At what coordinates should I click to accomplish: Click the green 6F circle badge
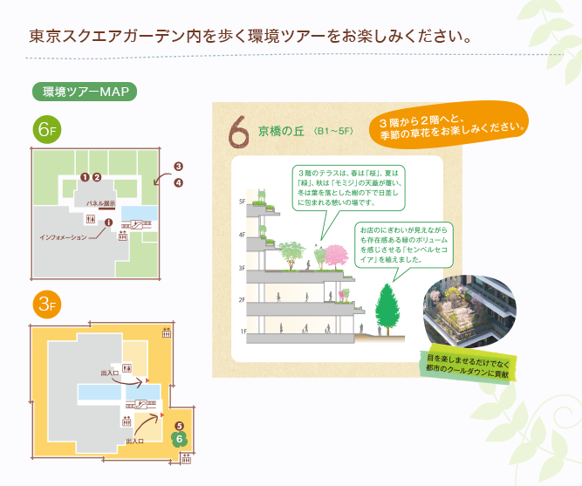pyautogui.click(x=47, y=130)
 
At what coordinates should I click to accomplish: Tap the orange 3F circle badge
pyautogui.click(x=47, y=305)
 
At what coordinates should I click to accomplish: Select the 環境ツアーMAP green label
pyautogui.click(x=85, y=92)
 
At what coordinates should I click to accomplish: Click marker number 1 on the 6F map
pyautogui.click(x=85, y=177)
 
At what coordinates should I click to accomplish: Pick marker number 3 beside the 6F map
pyautogui.click(x=179, y=167)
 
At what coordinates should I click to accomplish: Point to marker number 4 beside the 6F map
pyautogui.click(x=179, y=182)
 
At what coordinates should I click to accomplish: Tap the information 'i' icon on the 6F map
pyautogui.click(x=108, y=222)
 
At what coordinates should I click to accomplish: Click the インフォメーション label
pyautogui.click(x=63, y=237)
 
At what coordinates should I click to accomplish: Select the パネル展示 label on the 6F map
pyautogui.click(x=101, y=203)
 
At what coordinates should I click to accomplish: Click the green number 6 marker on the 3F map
pyautogui.click(x=179, y=440)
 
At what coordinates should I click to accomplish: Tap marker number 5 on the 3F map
pyautogui.click(x=179, y=426)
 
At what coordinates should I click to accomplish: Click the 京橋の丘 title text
pyautogui.click(x=281, y=131)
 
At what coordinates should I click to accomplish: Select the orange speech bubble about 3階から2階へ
pyautogui.click(x=448, y=125)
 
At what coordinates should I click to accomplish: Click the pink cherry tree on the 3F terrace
pyautogui.click(x=337, y=257)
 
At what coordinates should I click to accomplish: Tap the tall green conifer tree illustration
pyautogui.click(x=387, y=309)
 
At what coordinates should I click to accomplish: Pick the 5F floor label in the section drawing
pyautogui.click(x=243, y=202)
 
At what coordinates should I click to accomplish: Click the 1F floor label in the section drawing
pyautogui.click(x=243, y=332)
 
